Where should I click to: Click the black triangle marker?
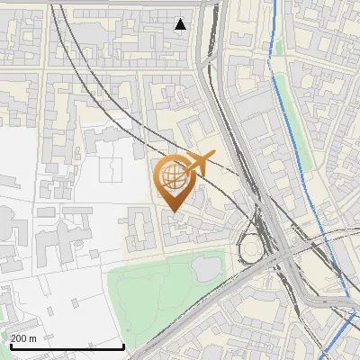[181, 24]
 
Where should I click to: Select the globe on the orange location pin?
[173, 175]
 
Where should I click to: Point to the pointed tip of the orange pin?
[173, 211]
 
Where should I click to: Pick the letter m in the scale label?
[33, 337]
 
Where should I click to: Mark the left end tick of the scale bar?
[11, 346]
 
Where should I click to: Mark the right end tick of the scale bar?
[123, 346]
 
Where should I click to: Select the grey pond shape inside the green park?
[204, 266]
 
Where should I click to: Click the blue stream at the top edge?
[272, 3]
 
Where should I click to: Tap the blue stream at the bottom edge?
[335, 355]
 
